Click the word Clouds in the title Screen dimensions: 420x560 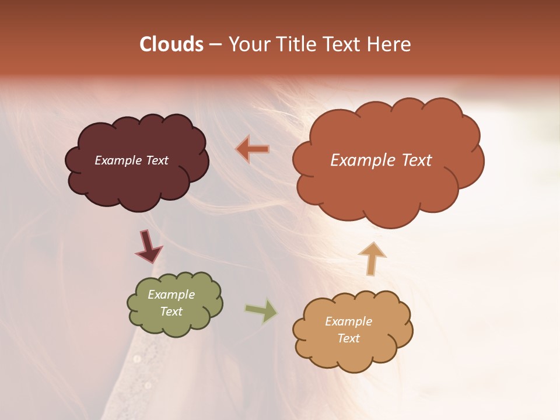(x=171, y=44)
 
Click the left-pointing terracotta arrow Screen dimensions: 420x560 (x=253, y=149)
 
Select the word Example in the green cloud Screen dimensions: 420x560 (x=171, y=295)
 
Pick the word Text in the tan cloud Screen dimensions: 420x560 (x=348, y=338)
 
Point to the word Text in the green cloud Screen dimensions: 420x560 (x=171, y=311)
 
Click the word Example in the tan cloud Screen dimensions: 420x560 (x=348, y=321)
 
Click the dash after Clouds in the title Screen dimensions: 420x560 (x=215, y=45)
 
